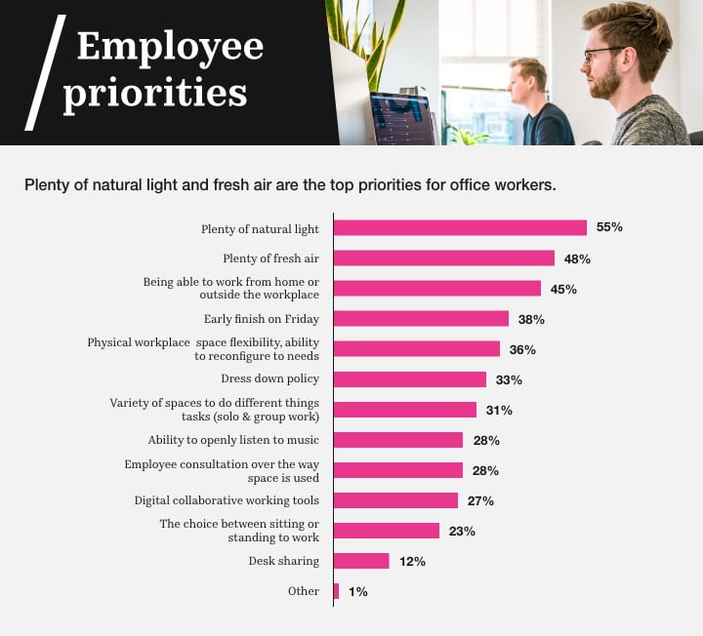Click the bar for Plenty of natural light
[460, 227]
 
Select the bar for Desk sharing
[361, 561]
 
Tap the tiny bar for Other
[336, 591]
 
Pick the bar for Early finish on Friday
[421, 319]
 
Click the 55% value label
[609, 227]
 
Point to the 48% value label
[577, 258]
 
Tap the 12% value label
[412, 561]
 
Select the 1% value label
[357, 591]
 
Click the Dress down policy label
[269, 378]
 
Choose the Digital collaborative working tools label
[227, 500]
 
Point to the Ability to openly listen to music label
[233, 440]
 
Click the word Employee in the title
[170, 46]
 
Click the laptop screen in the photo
[401, 118]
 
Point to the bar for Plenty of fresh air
[444, 258]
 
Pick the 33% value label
[509, 379]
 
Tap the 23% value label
[462, 531]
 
